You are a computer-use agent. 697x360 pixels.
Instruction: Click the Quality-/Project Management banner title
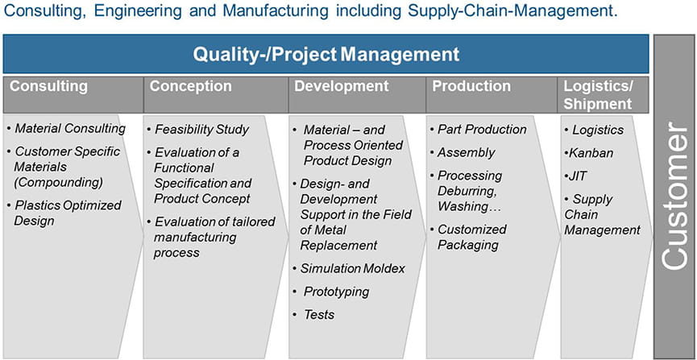coord(326,54)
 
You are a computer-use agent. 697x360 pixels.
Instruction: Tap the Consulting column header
coord(48,86)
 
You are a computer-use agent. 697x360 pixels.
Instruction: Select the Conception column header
coord(190,86)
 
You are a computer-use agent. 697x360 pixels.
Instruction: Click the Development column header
coord(342,86)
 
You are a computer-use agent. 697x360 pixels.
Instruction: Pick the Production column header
coord(471,86)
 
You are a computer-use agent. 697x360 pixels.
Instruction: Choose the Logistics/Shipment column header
coord(598,95)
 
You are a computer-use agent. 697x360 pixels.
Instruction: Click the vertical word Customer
coord(674,195)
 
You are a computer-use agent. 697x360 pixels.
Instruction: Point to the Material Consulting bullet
coord(66,129)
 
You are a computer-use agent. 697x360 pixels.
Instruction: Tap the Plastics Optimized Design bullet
coord(64,213)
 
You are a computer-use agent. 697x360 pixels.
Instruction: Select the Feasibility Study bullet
coord(197,130)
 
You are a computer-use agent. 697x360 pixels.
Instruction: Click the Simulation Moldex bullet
coord(349,268)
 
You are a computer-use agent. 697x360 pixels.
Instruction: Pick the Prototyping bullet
coord(331,292)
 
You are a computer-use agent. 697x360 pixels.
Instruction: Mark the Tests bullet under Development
coord(313,315)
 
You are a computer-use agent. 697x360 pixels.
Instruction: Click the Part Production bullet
coord(479,130)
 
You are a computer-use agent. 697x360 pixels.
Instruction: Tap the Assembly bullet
coord(463,152)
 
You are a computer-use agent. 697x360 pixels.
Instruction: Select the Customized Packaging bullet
coord(468,237)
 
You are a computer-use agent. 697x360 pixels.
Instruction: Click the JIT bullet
coord(575,176)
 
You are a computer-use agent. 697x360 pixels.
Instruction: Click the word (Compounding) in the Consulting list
coord(58,182)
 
